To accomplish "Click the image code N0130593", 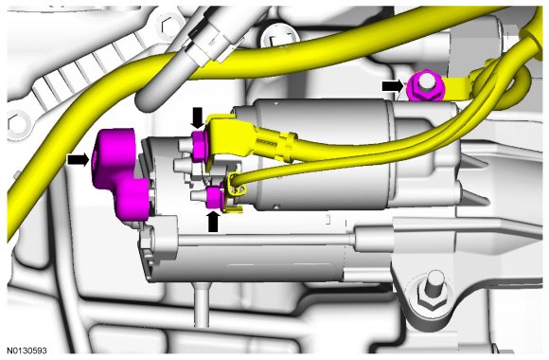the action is click(x=27, y=351).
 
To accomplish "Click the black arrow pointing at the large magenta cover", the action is click(x=78, y=160).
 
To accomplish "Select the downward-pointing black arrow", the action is click(x=198, y=117).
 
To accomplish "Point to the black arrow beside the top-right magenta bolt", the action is click(x=393, y=86).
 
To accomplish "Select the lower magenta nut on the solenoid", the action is click(x=214, y=197).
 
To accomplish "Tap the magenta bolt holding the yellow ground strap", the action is click(x=425, y=86).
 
